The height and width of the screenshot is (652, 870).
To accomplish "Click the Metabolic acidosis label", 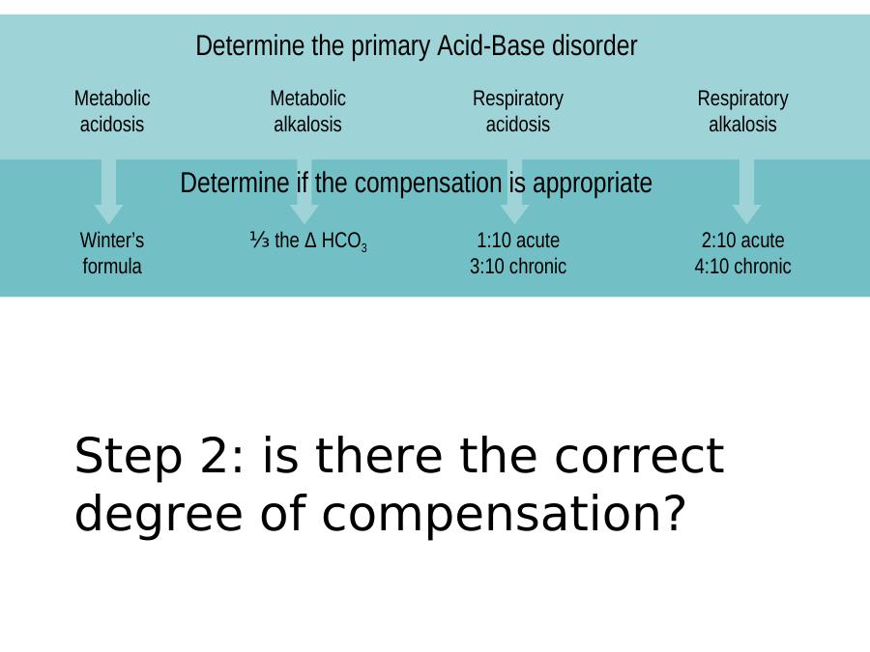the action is click(x=112, y=111).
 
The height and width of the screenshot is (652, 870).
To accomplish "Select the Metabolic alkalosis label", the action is click(x=308, y=111).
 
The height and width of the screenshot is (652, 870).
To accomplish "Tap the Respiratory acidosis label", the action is click(x=518, y=111).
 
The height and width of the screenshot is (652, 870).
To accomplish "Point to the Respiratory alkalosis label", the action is click(x=742, y=111).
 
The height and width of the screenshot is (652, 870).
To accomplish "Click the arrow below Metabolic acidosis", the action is click(x=108, y=191).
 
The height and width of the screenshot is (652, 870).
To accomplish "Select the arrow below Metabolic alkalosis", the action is click(x=304, y=191).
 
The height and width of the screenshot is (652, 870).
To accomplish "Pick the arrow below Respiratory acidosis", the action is click(x=515, y=191).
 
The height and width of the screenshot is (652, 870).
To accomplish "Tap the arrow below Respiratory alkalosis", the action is click(x=746, y=191).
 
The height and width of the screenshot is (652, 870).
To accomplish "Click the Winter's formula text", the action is click(x=112, y=253).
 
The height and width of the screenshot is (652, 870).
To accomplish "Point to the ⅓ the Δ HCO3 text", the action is click(x=308, y=241).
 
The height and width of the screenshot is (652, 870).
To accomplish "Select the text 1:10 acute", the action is click(x=518, y=241).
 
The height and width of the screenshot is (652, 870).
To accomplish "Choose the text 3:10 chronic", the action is click(x=518, y=267).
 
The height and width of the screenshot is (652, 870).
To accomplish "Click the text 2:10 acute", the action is click(x=743, y=241).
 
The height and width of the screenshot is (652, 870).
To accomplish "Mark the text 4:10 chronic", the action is click(x=743, y=267).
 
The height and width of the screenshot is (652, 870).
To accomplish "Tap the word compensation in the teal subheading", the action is click(x=428, y=183).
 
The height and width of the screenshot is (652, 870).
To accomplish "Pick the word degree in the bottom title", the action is click(x=159, y=515).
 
